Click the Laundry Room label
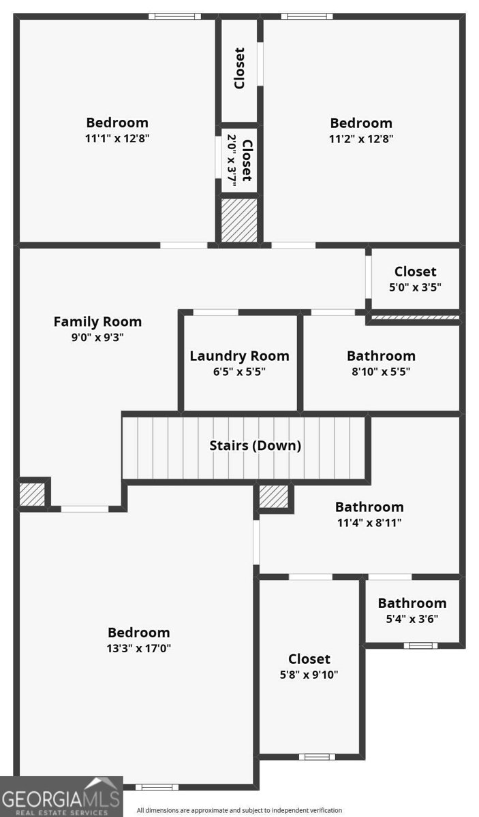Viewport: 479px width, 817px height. [x=240, y=355]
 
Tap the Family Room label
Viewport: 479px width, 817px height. [x=97, y=321]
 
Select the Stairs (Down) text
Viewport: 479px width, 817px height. [x=256, y=445]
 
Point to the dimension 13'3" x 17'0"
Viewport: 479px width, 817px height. [x=139, y=648]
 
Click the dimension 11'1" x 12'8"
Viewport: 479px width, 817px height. [x=117, y=138]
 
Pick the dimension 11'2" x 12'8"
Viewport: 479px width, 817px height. [x=361, y=139]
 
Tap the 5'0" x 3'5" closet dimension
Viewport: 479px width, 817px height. [x=415, y=287]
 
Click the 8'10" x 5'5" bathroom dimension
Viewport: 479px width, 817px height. [x=381, y=371]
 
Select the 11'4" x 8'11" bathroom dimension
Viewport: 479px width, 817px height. [x=369, y=523]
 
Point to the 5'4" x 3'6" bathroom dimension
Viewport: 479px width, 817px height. [x=412, y=619]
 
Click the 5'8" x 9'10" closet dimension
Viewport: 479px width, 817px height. [x=309, y=675]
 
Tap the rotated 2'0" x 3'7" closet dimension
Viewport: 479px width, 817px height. [x=232, y=160]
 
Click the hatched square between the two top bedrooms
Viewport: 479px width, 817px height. [x=239, y=220]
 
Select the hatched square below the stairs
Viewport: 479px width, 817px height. [x=273, y=496]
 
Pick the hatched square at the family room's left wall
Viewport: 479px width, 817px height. [x=32, y=494]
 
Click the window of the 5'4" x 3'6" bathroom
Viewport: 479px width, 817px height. [x=420, y=646]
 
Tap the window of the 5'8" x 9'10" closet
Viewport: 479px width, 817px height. [x=317, y=757]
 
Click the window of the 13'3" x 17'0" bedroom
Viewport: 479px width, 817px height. [x=157, y=788]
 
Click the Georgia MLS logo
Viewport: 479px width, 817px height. [x=61, y=797]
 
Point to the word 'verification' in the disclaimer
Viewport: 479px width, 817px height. [x=325, y=810]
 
